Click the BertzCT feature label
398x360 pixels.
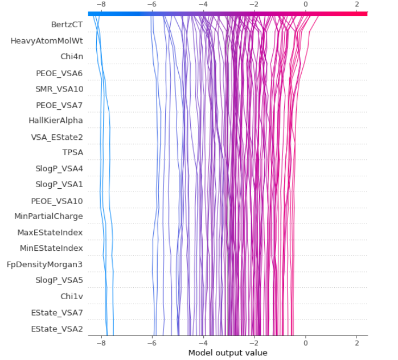[x=67, y=24]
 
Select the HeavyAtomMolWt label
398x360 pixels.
[x=47, y=41]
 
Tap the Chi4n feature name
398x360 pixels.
[x=71, y=56]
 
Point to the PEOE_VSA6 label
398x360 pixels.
[x=59, y=73]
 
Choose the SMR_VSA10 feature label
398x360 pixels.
[x=59, y=89]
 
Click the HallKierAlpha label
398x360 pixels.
[x=55, y=121]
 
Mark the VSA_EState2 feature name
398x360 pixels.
[x=56, y=137]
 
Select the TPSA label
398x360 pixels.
[x=72, y=152]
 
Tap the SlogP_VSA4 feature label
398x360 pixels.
[x=59, y=168]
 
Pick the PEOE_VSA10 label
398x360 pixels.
[x=57, y=201]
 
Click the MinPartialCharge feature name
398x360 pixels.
[x=48, y=216]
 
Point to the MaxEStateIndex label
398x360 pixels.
[x=50, y=233]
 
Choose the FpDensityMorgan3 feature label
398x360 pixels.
[x=44, y=264]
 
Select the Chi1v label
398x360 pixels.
[x=71, y=296]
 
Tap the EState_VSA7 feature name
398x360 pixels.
[x=57, y=312]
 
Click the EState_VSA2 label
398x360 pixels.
[x=57, y=329]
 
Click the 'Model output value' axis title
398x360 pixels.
[x=228, y=353]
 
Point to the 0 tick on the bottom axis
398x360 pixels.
[x=306, y=342]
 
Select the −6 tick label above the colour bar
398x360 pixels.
[x=151, y=5]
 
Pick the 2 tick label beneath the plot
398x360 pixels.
[x=356, y=342]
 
